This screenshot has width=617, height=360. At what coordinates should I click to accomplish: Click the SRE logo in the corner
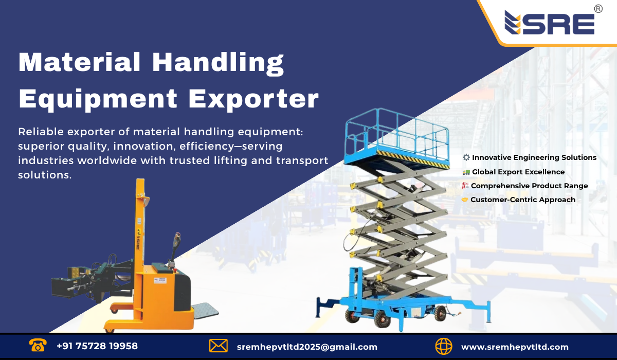(x=549, y=23)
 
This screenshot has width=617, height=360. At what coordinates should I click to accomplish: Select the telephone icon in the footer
(x=38, y=346)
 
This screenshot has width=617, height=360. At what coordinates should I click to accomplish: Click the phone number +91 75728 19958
(x=97, y=346)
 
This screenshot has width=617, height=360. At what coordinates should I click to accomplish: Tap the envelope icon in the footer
(x=219, y=346)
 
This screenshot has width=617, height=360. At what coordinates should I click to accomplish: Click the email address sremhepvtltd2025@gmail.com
(x=307, y=347)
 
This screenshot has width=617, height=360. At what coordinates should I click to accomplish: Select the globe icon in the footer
(x=443, y=346)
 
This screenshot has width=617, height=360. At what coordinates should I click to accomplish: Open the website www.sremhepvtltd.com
(x=515, y=347)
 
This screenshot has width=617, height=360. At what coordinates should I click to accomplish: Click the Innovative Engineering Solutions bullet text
(x=534, y=157)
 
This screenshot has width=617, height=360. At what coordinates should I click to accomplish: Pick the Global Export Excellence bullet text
(x=518, y=172)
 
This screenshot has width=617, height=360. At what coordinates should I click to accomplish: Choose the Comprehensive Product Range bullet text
(x=530, y=186)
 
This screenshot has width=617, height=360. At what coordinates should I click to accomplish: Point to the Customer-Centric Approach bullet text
(x=523, y=200)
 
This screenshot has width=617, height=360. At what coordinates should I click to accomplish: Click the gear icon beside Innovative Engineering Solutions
(x=466, y=157)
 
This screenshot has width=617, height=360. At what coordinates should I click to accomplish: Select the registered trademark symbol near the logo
(x=598, y=9)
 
